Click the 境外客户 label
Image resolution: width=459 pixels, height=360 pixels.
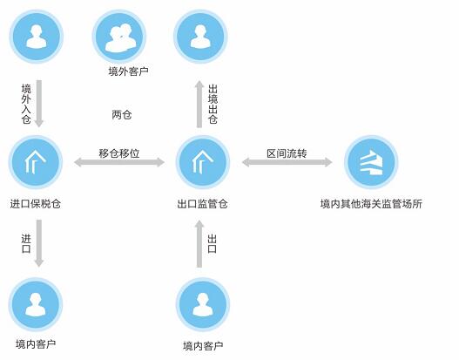coord(128,71)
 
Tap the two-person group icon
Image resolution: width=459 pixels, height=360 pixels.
coord(119,37)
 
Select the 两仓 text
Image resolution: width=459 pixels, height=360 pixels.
coord(122,114)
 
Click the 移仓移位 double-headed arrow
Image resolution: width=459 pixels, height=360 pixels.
coord(119,162)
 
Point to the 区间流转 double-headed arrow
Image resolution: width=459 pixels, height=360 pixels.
coord(287,162)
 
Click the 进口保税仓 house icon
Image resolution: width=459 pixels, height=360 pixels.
coord(36,162)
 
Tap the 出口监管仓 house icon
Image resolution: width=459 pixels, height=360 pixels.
coord(203,162)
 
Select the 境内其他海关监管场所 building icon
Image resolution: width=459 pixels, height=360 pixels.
coord(371,162)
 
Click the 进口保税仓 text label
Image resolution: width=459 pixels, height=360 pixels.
coord(36,204)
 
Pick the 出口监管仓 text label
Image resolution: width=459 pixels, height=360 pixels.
coord(203,204)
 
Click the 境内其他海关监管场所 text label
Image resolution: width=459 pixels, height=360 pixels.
coord(371,204)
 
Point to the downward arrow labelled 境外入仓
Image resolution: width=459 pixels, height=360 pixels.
coord(39,104)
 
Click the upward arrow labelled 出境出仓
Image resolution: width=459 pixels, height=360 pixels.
coord(199,104)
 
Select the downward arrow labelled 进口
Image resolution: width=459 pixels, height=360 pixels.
coord(39,243)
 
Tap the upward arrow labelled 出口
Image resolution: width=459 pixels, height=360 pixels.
coord(199,244)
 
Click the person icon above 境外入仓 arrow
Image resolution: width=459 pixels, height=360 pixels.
coord(37,37)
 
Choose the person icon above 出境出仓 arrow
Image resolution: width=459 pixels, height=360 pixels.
coord(200,37)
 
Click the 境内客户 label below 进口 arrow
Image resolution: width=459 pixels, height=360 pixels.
coord(36,344)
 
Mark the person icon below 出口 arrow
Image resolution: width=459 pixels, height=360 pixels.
coord(203,304)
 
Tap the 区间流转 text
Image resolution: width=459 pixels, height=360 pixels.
coord(287,153)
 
